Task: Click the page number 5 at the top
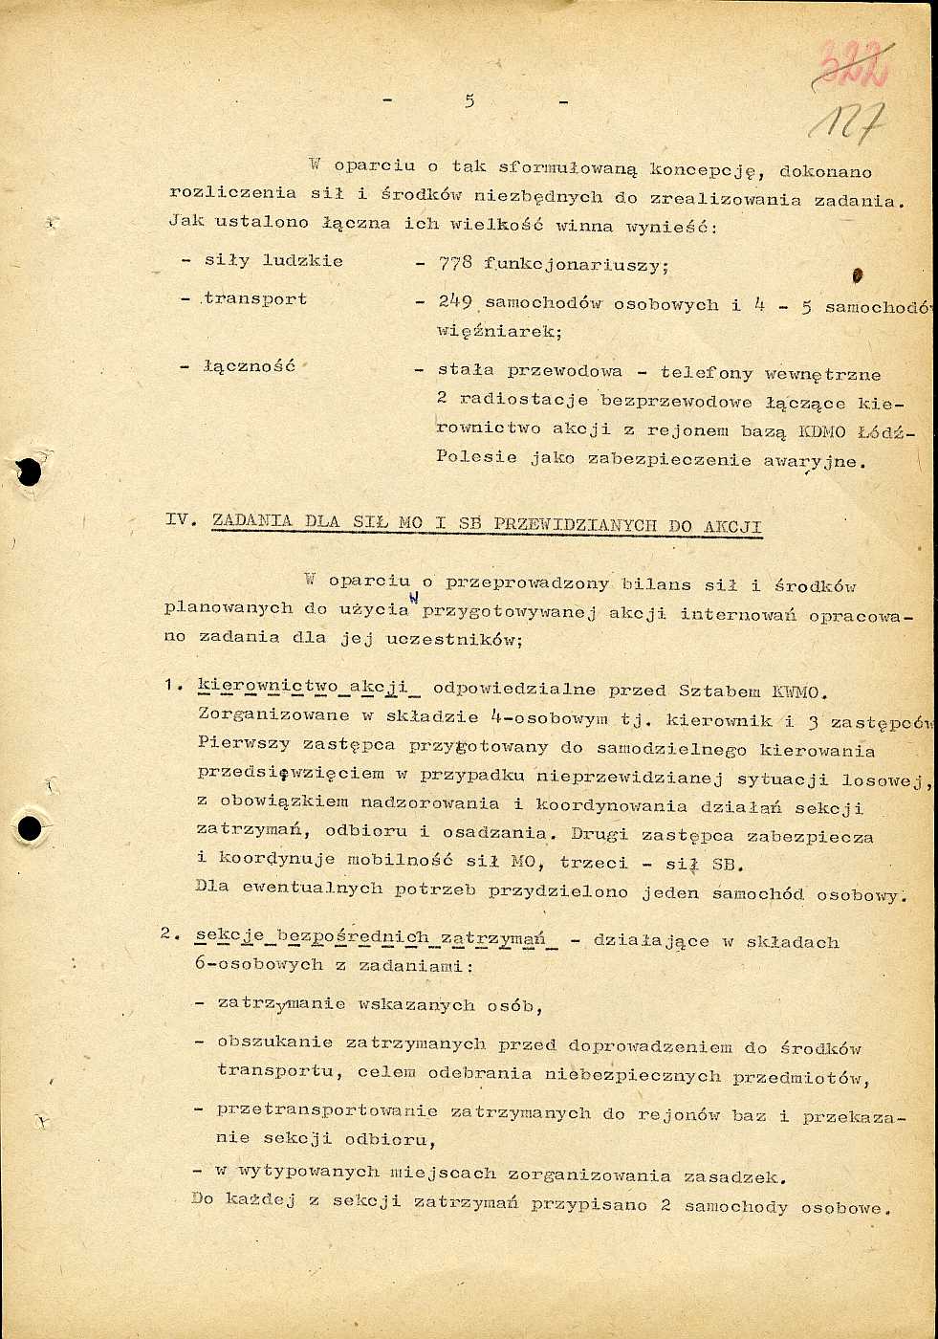pyautogui.click(x=469, y=101)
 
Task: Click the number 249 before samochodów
pyautogui.click(x=455, y=302)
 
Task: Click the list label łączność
pyautogui.click(x=249, y=366)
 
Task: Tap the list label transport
pyautogui.click(x=254, y=299)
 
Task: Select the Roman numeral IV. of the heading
pyautogui.click(x=181, y=519)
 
